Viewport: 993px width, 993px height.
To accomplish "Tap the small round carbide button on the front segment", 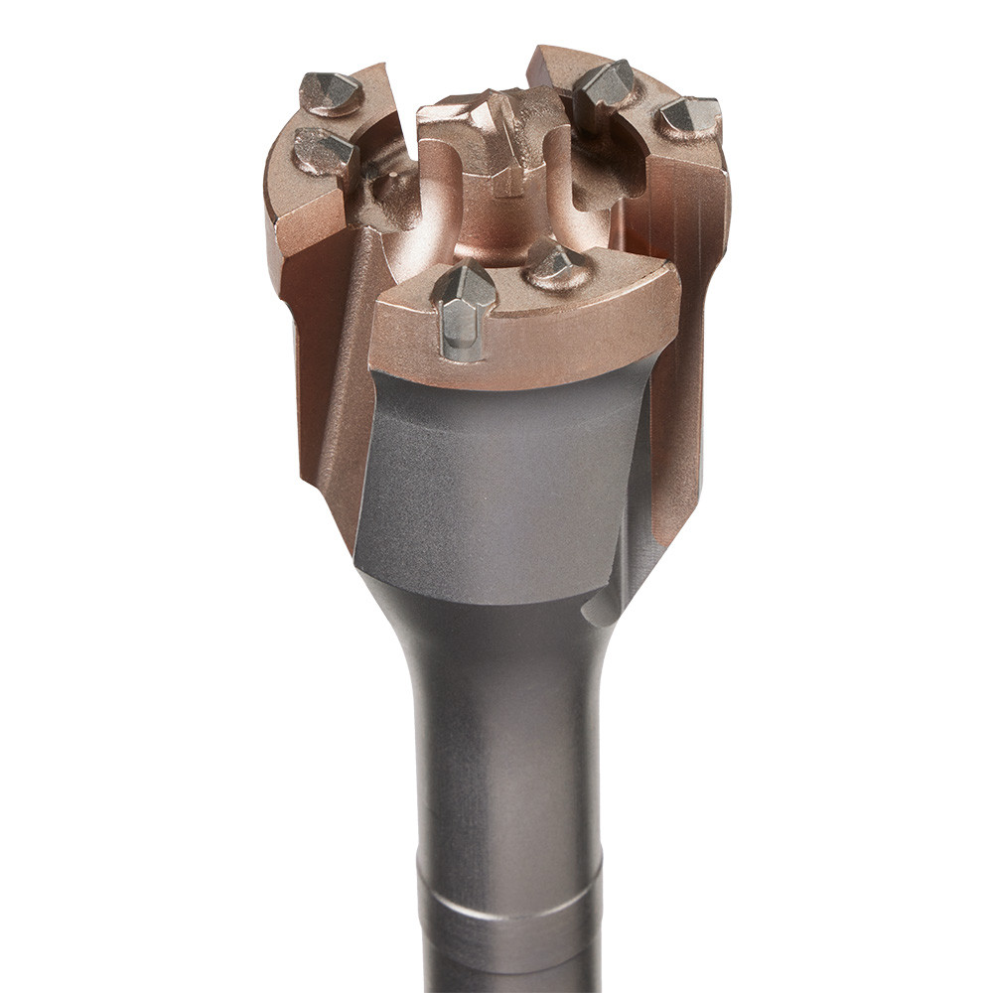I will point(553,263).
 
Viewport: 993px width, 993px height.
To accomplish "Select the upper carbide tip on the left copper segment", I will point(331,92).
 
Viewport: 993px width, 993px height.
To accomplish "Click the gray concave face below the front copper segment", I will point(496,477).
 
